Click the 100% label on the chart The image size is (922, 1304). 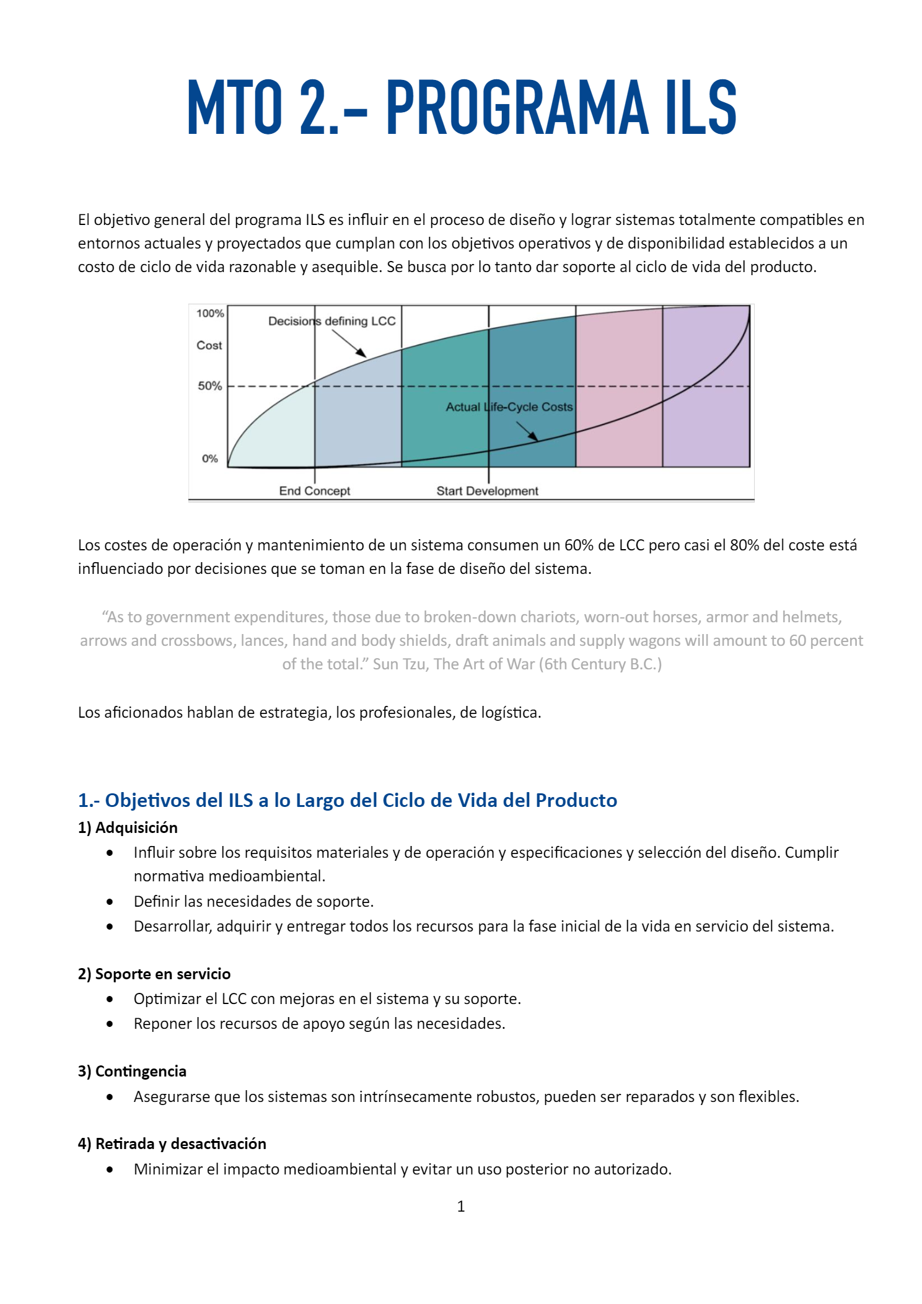[210, 314]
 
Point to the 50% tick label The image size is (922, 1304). [209, 386]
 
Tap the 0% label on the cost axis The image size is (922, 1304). [209, 459]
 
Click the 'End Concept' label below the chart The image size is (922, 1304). [314, 491]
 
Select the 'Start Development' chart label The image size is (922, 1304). [487, 491]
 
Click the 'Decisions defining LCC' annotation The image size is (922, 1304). [331, 321]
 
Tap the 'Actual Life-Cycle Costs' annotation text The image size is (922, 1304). [509, 407]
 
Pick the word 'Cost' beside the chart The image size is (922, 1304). [209, 346]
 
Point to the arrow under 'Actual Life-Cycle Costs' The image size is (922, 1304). [527, 431]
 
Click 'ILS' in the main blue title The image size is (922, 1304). [701, 108]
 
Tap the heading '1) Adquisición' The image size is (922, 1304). [128, 828]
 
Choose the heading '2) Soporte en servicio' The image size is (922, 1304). [154, 974]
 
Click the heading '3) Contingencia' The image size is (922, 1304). [132, 1072]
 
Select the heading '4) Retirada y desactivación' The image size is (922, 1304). [172, 1144]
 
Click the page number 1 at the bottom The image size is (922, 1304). [461, 1207]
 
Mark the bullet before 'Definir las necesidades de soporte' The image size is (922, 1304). [110, 902]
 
